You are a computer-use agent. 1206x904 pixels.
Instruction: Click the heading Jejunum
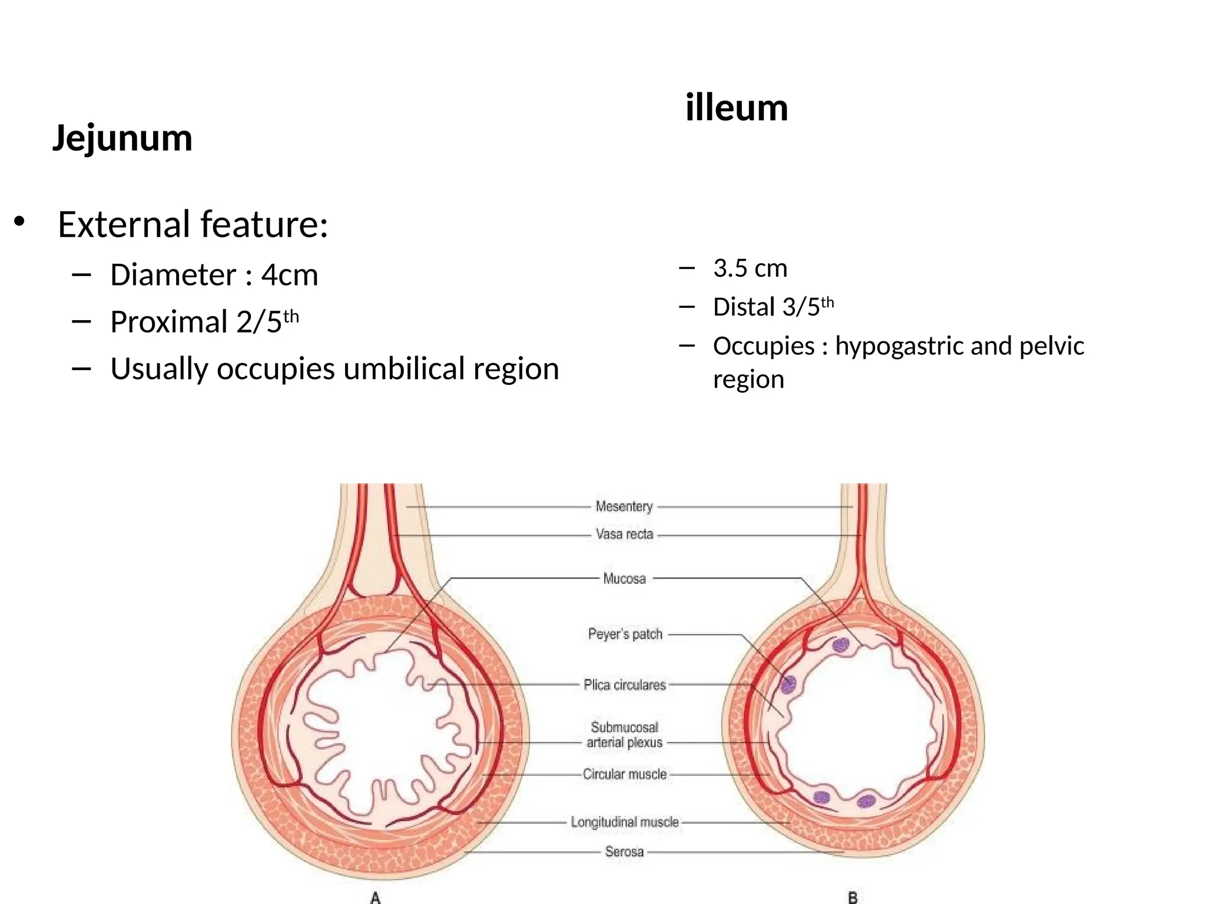(x=122, y=138)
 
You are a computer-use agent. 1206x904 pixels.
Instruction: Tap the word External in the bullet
(x=124, y=224)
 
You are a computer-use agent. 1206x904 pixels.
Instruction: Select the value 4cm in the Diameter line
(x=289, y=275)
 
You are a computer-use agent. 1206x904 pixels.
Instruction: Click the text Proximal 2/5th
(x=204, y=321)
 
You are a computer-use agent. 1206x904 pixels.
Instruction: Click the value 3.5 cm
(x=750, y=268)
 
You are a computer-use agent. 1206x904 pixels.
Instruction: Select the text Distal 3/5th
(x=773, y=307)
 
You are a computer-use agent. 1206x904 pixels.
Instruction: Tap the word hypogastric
(x=899, y=346)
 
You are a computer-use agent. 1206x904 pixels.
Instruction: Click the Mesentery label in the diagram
(x=624, y=506)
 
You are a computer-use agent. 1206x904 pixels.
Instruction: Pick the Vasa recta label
(x=624, y=534)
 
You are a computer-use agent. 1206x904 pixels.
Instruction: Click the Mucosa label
(x=624, y=579)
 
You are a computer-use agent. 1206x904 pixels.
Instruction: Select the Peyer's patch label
(x=625, y=634)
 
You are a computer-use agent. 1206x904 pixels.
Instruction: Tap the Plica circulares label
(x=624, y=684)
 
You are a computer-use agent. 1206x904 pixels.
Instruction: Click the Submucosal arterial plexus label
(x=624, y=734)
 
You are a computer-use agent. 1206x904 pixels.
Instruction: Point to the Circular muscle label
(x=624, y=774)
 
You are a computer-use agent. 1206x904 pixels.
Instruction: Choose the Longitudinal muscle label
(x=624, y=822)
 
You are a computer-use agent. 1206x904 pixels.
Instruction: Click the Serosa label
(x=624, y=852)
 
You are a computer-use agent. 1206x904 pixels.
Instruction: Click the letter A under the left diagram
(x=375, y=897)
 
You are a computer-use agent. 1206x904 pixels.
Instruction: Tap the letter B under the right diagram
(x=852, y=897)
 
